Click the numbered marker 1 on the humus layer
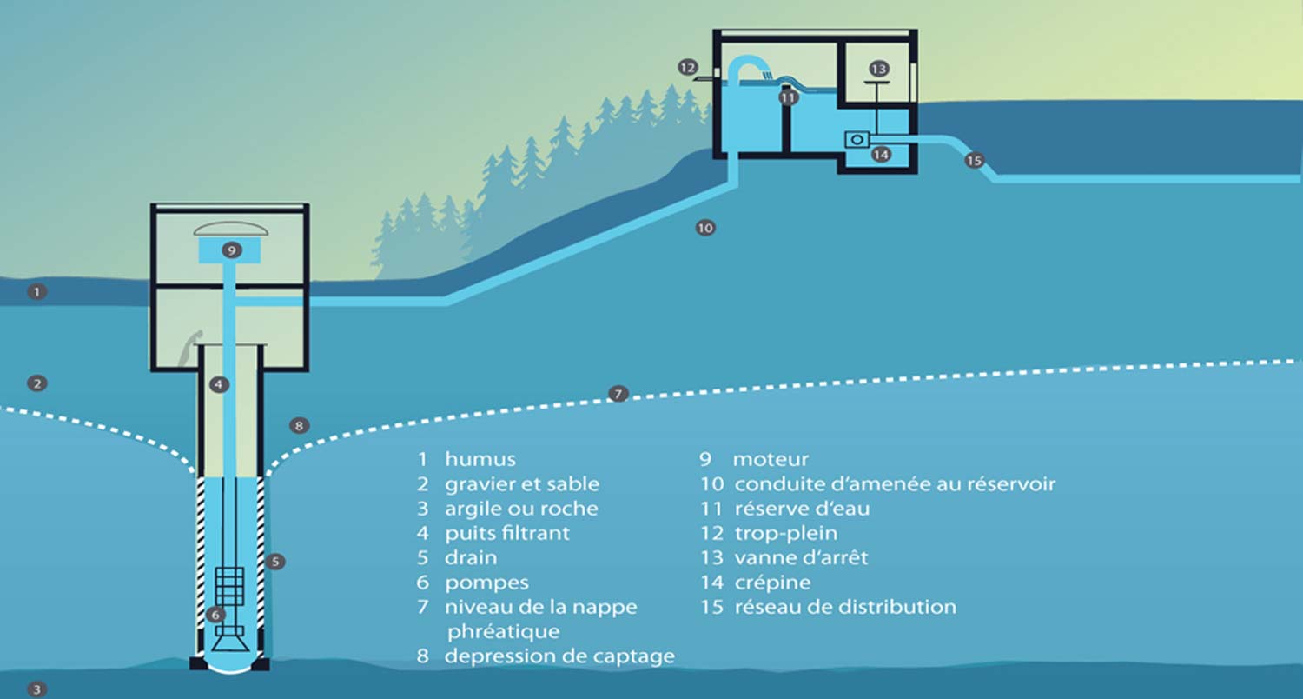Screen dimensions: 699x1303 [x=36, y=292]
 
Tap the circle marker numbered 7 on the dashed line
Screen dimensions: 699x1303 [x=618, y=395]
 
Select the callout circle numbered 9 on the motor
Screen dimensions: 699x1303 [x=230, y=250]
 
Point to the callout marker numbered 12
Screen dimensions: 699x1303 [x=688, y=67]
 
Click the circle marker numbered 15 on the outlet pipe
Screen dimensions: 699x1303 [x=974, y=161]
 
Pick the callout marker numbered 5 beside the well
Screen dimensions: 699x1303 [x=275, y=562]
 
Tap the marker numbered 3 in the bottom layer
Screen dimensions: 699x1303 [x=36, y=689]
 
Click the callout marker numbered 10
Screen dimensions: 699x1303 [x=704, y=228]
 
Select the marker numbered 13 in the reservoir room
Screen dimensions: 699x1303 [x=878, y=68]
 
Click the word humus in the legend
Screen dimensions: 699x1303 [x=480, y=459]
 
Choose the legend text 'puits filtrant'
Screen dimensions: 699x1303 [x=507, y=533]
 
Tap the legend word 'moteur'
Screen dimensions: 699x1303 [x=771, y=459]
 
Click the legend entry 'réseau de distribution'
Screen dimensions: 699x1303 [x=844, y=607]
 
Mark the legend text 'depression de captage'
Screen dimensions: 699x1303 [x=559, y=656]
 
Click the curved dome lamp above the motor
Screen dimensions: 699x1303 [x=230, y=229]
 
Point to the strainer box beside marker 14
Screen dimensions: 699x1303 [x=857, y=138]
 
